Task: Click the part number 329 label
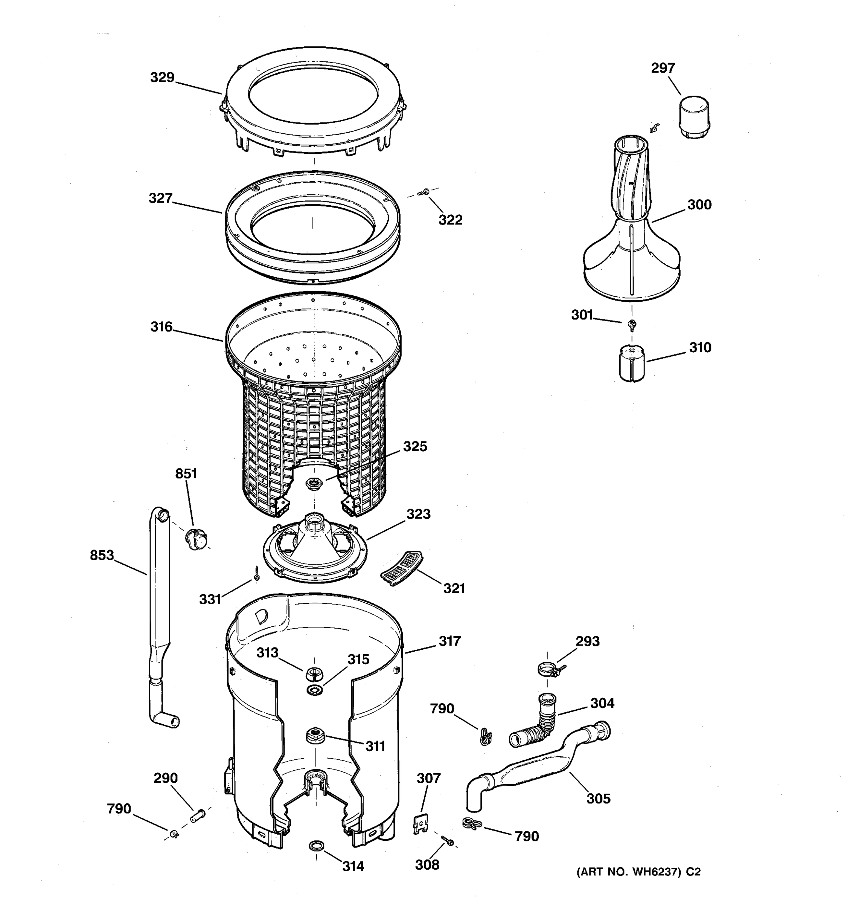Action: pos(162,78)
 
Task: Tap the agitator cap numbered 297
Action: pos(694,116)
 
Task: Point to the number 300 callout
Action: pos(699,205)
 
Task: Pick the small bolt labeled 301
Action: pos(631,324)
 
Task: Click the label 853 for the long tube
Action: pos(102,556)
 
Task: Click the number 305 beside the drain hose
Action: pos(598,799)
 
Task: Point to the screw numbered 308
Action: pos(447,841)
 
